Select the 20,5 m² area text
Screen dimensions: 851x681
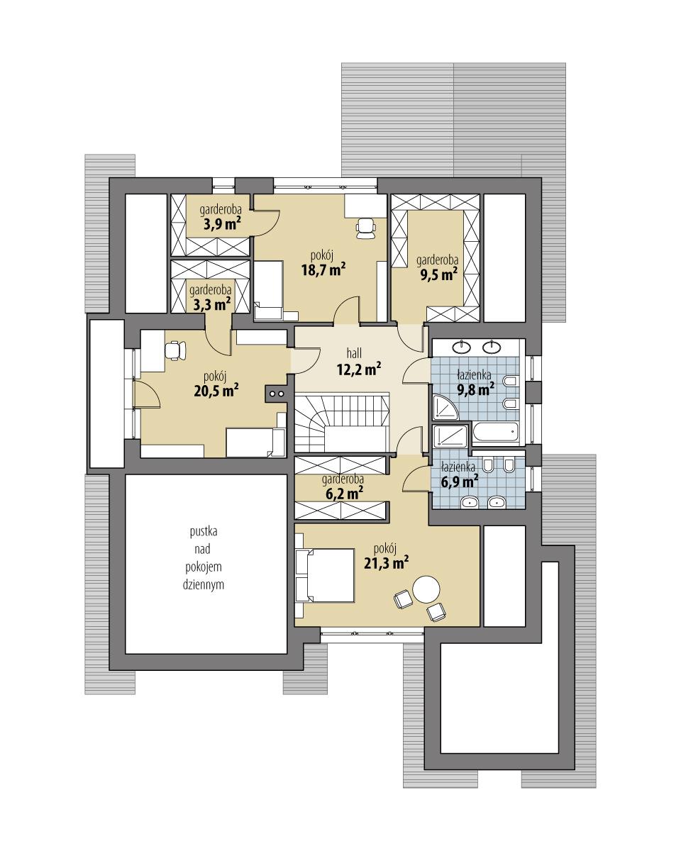(x=214, y=389)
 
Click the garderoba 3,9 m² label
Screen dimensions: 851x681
(x=217, y=218)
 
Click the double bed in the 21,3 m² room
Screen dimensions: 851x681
(x=325, y=576)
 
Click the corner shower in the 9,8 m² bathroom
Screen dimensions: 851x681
(x=444, y=406)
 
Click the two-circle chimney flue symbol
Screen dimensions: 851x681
(x=277, y=394)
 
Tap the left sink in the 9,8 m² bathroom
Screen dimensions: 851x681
(x=463, y=347)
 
